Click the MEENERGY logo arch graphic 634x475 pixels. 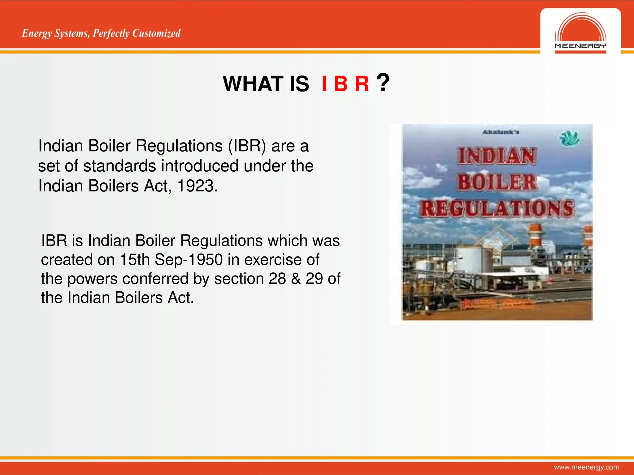click(580, 28)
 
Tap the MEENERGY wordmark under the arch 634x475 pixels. click(580, 46)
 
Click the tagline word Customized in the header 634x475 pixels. click(156, 33)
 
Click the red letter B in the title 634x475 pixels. click(341, 84)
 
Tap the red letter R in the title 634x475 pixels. click(362, 84)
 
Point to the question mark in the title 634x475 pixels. click(383, 83)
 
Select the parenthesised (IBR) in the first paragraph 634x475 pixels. click(247, 146)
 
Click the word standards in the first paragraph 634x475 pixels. click(119, 166)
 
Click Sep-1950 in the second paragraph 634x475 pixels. click(189, 259)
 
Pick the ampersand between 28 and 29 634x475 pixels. click(296, 279)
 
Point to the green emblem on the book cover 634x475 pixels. click(570, 138)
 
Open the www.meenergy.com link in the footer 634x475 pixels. click(586, 467)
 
